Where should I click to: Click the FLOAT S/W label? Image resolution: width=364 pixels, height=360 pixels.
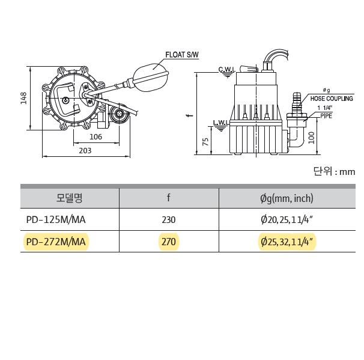182,55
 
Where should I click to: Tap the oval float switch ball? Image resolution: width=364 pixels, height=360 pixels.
151,78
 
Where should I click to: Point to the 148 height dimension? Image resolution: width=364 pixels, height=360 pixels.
23,98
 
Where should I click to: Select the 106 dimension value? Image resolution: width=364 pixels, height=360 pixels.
96,136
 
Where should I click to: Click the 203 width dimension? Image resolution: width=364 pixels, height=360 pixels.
85,150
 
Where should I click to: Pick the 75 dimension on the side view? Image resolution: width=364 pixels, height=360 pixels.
205,142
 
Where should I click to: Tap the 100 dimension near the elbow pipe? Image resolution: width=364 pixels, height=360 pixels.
311,138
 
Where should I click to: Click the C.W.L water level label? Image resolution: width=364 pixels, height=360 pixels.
227,69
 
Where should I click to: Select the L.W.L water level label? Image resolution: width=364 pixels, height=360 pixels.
221,122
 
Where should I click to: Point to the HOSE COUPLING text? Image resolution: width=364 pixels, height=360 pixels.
332,99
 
